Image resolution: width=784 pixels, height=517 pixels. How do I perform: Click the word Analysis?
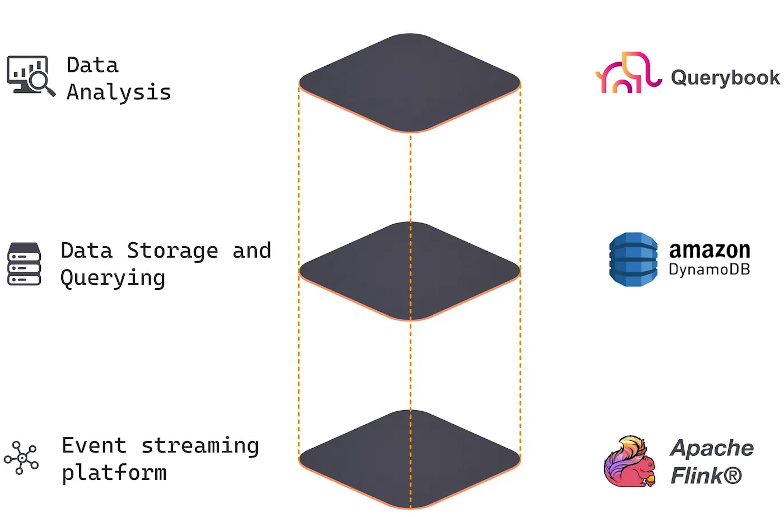tap(119, 92)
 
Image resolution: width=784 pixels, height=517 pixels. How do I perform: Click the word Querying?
tap(113, 279)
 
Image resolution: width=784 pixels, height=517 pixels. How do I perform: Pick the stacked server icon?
tap(24, 264)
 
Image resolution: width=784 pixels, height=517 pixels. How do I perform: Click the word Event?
tap(94, 446)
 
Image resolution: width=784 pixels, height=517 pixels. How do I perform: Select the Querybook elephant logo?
tap(628, 72)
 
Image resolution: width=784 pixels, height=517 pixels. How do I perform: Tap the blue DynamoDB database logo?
tap(633, 260)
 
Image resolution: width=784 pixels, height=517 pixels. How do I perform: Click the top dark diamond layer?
tap(410, 82)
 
